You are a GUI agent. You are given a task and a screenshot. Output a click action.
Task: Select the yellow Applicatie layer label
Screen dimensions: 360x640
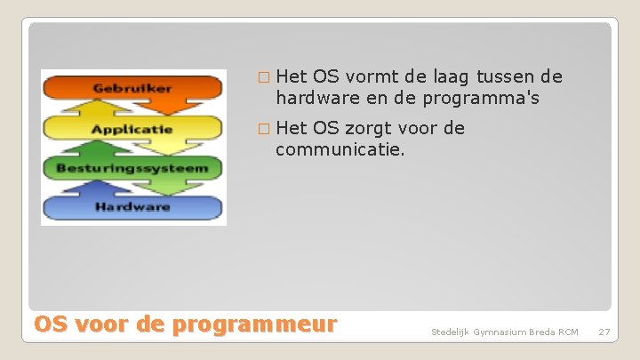[x=132, y=129]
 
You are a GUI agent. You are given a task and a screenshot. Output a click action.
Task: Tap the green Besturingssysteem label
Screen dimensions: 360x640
[x=132, y=168]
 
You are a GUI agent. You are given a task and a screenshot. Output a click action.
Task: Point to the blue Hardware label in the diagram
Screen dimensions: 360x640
[x=132, y=207]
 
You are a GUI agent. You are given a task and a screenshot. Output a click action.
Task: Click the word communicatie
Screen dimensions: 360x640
[x=340, y=150]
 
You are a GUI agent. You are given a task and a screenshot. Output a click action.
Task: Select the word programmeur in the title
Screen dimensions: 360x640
[x=255, y=324]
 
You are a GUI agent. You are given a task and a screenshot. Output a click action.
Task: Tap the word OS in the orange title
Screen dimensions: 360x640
[x=51, y=324]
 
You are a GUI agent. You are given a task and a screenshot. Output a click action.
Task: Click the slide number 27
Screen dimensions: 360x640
[x=604, y=332]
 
